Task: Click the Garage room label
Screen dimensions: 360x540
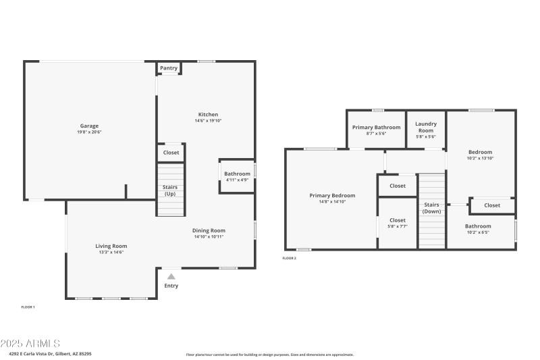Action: coord(90,126)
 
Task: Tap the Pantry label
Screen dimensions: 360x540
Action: coord(169,68)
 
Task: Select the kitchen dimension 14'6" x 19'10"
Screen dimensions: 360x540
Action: coord(208,121)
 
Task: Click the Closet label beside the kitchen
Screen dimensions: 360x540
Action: coord(171,153)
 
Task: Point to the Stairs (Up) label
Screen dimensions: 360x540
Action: coord(171,190)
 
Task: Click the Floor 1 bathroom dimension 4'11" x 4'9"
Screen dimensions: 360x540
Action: coord(237,180)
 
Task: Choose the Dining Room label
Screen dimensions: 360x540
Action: coord(209,230)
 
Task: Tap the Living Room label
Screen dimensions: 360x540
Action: coord(111,246)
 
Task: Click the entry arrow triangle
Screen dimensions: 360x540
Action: coord(171,276)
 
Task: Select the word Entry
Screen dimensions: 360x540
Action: coord(171,286)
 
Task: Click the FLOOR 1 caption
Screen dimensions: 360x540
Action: coord(28,307)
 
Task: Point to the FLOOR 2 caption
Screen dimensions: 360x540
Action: coord(289,258)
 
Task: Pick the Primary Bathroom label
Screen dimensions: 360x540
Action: coord(376,127)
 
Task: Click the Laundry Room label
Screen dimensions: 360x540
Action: coord(425,127)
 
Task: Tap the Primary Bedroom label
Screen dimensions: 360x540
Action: coord(332,195)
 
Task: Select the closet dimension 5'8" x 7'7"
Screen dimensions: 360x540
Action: coord(398,226)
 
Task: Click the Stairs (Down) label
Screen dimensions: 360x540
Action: coord(431,208)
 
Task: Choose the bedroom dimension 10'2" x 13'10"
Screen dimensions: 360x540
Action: coord(481,158)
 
